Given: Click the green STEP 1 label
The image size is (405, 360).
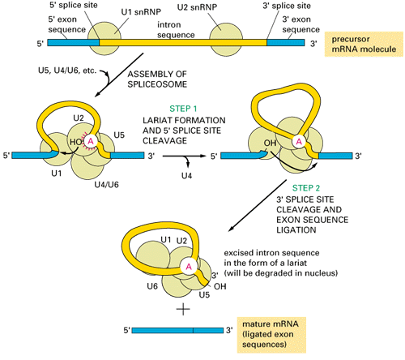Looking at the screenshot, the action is point(183,109).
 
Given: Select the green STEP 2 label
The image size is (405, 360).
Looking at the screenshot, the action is point(306,188).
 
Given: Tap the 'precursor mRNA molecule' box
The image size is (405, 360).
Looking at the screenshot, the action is point(364,44).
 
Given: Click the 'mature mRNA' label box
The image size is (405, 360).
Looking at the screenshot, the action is point(271,335).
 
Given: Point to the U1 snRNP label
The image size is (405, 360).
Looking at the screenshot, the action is point(141,12).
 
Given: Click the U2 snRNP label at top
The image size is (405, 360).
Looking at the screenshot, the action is point(197,7).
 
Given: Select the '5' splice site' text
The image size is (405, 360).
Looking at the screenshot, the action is point(74,5).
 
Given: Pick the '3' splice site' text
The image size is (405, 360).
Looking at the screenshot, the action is point(287,6).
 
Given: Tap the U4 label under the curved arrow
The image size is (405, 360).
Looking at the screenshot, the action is point(186,176).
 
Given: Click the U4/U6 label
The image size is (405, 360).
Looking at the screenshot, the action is point(106,185).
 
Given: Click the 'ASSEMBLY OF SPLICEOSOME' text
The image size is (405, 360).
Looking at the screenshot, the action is point(157,79).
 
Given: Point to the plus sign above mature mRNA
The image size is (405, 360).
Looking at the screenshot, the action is point(183,309).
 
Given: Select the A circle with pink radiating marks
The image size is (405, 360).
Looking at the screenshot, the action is point(91,141).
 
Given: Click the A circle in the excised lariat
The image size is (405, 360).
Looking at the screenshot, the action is point(189,267).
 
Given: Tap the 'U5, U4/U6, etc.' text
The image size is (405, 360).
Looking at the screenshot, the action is point(67,71).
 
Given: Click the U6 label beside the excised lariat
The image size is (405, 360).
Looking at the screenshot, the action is point(152,286).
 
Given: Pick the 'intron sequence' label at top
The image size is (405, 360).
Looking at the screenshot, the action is point(176,30).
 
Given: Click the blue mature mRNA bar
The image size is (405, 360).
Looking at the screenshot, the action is point(177,330).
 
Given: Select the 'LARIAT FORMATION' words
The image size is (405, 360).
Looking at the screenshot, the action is point(184,120).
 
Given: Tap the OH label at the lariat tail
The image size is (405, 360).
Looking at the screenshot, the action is point(220,286).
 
